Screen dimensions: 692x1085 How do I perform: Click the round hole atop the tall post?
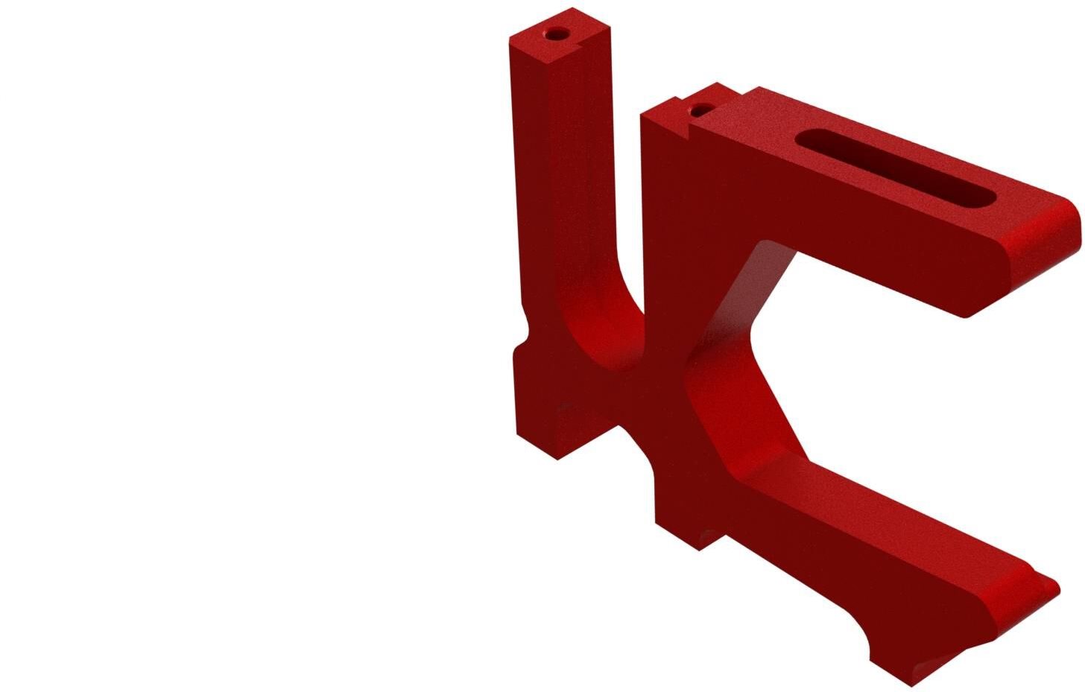556,35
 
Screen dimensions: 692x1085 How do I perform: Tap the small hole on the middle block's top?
699,111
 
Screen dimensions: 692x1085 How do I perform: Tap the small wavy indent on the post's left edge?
525,328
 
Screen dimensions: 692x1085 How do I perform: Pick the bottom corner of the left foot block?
557,458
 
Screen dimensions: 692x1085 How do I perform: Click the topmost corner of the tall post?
572,9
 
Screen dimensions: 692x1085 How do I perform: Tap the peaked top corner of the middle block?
717,83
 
